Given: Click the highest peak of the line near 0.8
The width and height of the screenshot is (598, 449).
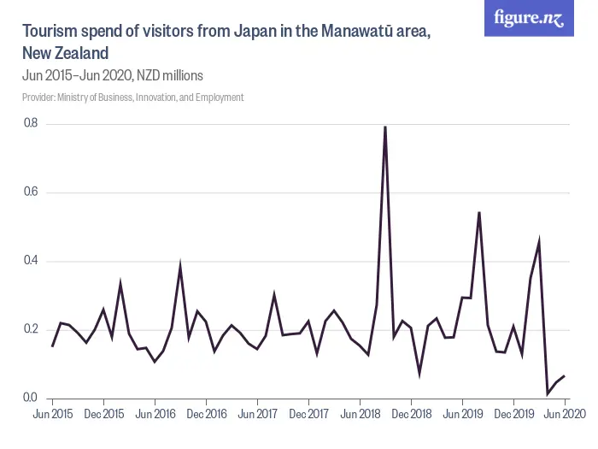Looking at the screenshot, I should (x=385, y=127).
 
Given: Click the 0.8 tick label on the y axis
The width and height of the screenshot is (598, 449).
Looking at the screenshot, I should (x=31, y=124).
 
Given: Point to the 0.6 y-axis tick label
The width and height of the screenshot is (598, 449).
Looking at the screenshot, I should (x=31, y=192).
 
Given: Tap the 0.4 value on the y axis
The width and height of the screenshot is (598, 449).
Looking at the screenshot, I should (x=31, y=261).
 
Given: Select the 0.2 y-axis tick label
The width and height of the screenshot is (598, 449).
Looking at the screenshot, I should (x=31, y=329).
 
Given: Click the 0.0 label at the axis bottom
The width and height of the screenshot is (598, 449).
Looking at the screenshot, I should (x=31, y=398).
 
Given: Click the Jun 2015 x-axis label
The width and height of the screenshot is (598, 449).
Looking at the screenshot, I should (x=52, y=414).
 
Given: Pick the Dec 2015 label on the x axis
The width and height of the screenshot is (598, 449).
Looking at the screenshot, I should (x=103, y=414).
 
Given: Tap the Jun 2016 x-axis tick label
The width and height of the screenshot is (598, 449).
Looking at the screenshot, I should (x=155, y=414).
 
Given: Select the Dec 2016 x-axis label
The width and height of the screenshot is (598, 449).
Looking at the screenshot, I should (x=206, y=414).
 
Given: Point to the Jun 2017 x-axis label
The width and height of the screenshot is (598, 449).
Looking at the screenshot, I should (x=257, y=414).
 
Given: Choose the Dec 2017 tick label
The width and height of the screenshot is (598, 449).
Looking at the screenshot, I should (x=308, y=414).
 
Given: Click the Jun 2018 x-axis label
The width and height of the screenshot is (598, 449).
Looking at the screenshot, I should (x=360, y=414).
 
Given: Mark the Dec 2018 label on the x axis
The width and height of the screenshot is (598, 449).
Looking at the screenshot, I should (x=411, y=414).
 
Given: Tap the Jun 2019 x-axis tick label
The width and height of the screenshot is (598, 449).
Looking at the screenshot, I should (x=462, y=414).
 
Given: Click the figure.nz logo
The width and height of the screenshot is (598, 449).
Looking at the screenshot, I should (x=529, y=18).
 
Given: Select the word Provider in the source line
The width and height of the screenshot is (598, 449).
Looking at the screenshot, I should (x=38, y=97).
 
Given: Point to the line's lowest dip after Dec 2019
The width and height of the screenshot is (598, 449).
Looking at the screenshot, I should (x=548, y=393).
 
